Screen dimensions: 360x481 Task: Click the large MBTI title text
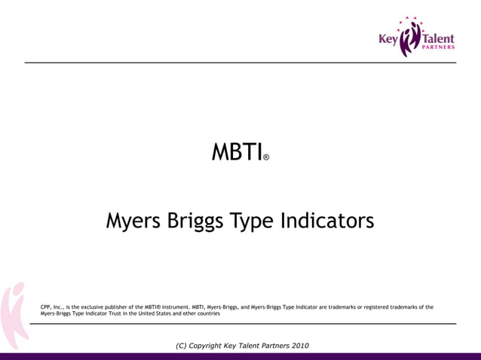pyautogui.click(x=236, y=153)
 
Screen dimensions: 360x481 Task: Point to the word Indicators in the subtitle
pyautogui.click(x=326, y=221)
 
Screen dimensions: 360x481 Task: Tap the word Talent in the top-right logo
pyautogui.click(x=438, y=38)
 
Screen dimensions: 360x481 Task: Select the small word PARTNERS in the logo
pyautogui.click(x=438, y=48)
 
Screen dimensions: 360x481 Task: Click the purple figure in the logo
pyautogui.click(x=410, y=38)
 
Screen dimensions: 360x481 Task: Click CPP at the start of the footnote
pyautogui.click(x=47, y=307)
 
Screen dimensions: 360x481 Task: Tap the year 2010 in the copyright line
pyautogui.click(x=299, y=346)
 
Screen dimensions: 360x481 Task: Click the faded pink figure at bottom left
pyautogui.click(x=13, y=316)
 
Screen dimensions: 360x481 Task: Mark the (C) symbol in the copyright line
pyautogui.click(x=181, y=346)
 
